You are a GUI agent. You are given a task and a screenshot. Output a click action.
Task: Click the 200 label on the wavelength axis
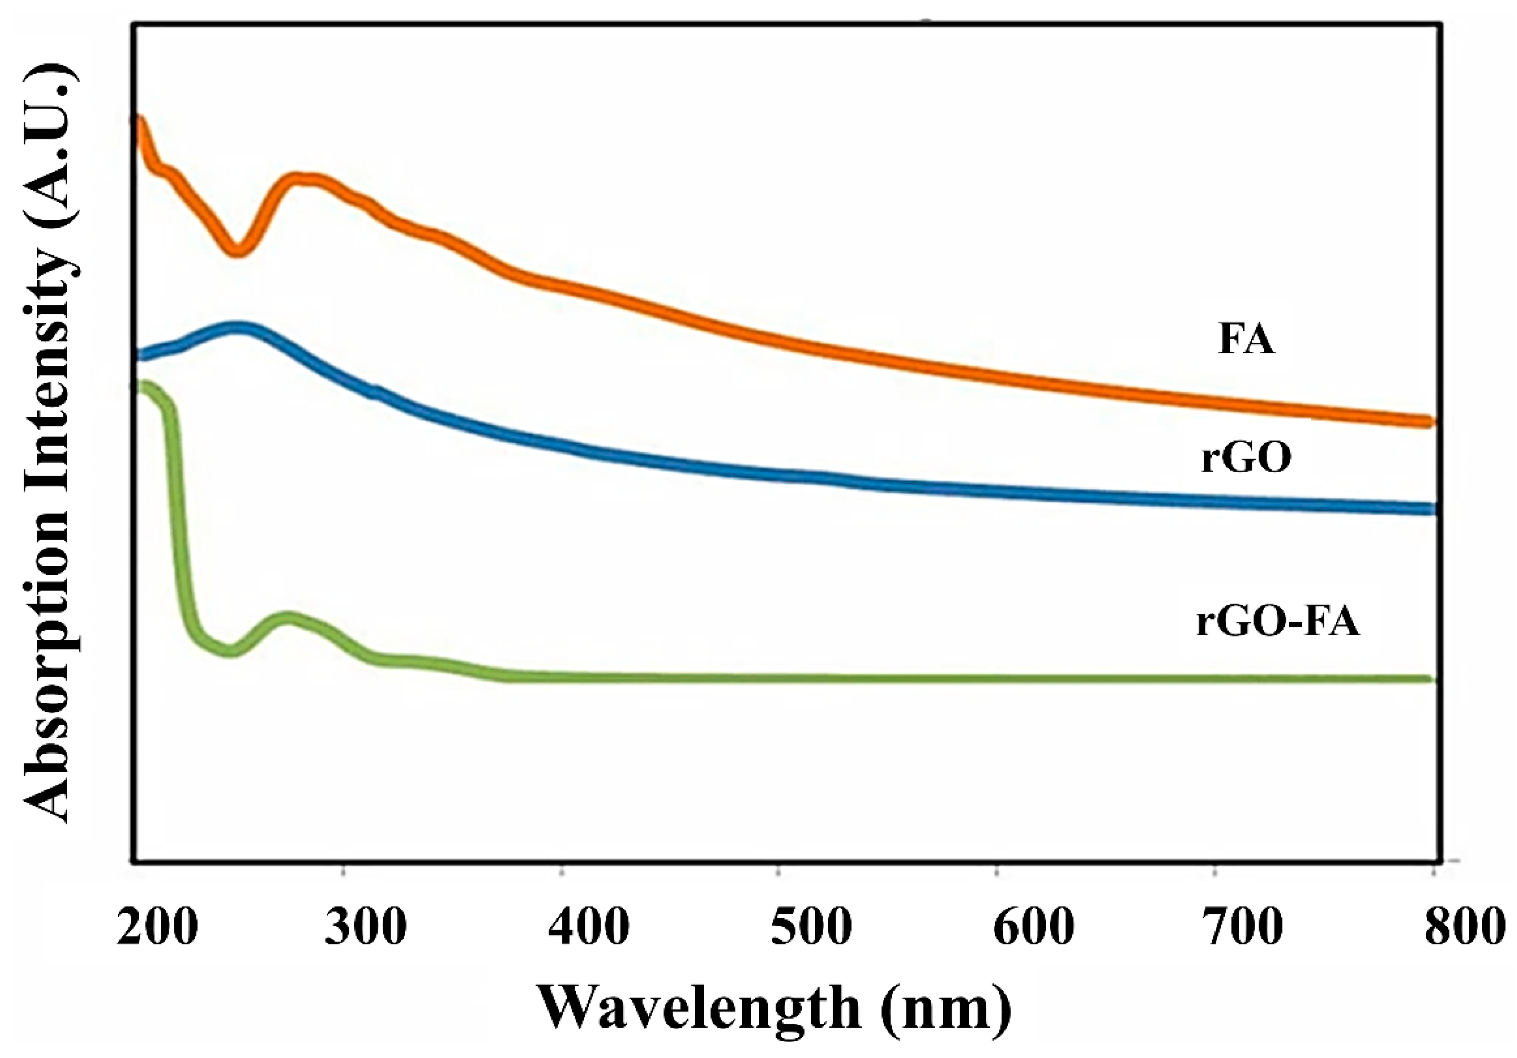coord(157,928)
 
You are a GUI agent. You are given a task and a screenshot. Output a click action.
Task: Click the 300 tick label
coord(365,928)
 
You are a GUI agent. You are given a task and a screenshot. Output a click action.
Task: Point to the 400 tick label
coord(588,928)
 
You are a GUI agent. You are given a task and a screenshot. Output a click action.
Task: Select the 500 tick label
coord(810,928)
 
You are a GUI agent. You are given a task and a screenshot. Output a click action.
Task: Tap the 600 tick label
coord(1033,928)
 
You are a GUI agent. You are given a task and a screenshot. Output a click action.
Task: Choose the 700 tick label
coord(1242,928)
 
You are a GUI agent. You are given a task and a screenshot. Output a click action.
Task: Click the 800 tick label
coord(1464,928)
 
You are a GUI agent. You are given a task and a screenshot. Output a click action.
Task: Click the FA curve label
coord(1246,341)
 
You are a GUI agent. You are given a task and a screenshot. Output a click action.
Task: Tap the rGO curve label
coord(1246,458)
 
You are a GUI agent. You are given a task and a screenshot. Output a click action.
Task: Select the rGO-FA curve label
coord(1278,622)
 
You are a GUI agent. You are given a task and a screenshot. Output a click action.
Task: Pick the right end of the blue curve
coord(1430,509)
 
